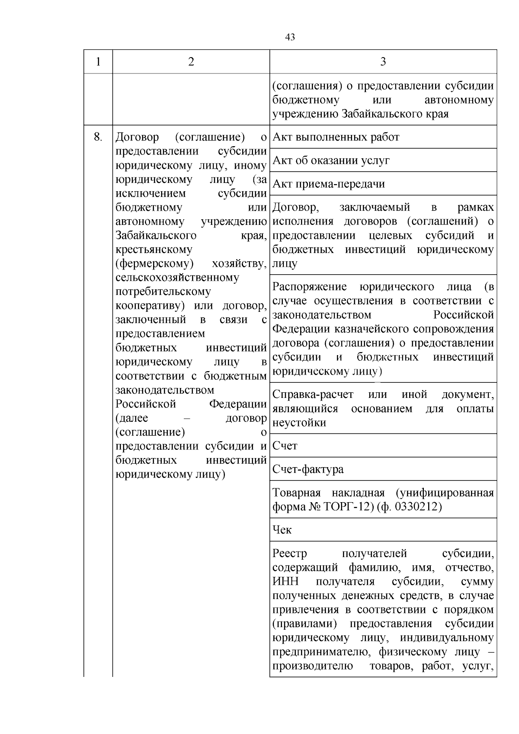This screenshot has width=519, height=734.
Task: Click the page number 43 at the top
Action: tap(290, 38)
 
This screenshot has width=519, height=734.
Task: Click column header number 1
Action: tap(98, 62)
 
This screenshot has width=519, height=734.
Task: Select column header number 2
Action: tap(191, 62)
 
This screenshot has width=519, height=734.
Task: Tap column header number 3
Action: tap(383, 62)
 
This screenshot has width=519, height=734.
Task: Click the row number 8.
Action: tap(98, 137)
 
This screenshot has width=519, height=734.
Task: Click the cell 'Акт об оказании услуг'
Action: tap(331, 160)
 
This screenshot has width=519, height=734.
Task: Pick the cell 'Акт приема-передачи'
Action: tap(329, 184)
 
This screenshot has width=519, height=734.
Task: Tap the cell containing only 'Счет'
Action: tap(285, 446)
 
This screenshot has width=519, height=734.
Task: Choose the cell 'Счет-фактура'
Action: tap(308, 469)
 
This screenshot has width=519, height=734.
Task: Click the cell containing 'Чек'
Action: tap(282, 530)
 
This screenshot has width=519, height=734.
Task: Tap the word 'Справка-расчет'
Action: tap(313, 394)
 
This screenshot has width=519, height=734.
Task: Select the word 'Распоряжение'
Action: tap(310, 287)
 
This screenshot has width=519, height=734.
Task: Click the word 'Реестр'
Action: tap(290, 553)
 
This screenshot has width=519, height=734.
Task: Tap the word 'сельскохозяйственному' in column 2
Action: tap(177, 278)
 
